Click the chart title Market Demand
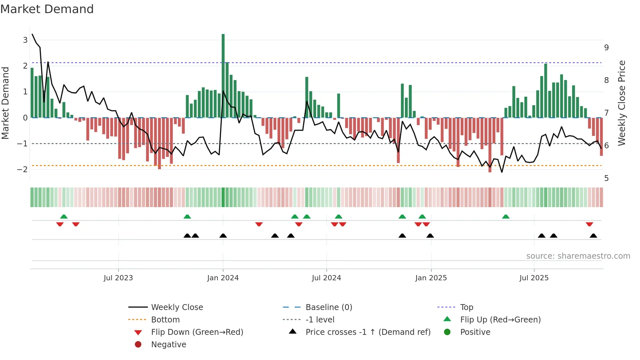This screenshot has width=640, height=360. [47, 9]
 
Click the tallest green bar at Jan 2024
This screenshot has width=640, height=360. [223, 75]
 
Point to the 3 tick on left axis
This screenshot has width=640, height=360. [25, 40]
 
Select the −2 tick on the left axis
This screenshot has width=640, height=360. [23, 169]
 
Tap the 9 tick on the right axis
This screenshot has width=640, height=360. [606, 48]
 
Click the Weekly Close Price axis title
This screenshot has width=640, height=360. [622, 103]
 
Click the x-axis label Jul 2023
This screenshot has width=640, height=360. [118, 278]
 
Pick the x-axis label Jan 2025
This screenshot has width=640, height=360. [431, 278]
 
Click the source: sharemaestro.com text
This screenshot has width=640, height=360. [578, 256]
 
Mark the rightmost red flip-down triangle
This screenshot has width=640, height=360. [589, 224]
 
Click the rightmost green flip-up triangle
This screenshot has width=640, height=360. [506, 217]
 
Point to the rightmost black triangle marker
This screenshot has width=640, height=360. [594, 236]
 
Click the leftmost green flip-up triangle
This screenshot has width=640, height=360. [64, 217]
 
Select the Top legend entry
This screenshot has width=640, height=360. [466, 307]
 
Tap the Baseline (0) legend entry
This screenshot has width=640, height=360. [328, 307]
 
